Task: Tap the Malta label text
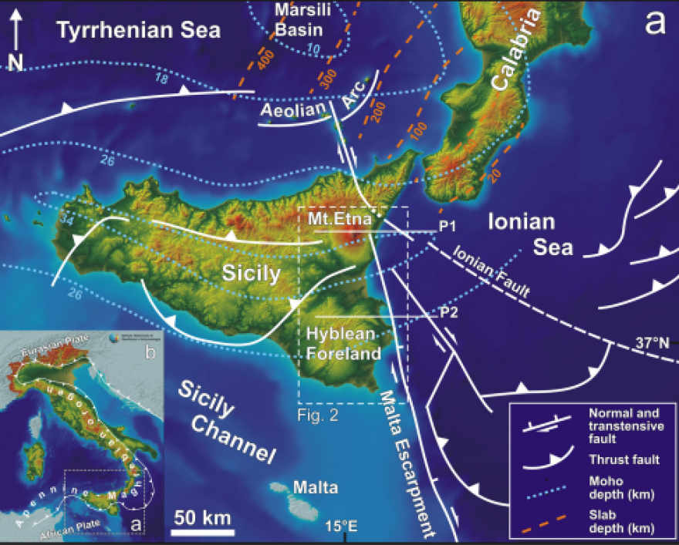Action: pyautogui.click(x=316, y=487)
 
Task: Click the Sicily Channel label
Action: pyautogui.click(x=227, y=422)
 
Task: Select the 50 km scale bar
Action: pyautogui.click(x=203, y=531)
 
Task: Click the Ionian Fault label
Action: pyautogui.click(x=492, y=271)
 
